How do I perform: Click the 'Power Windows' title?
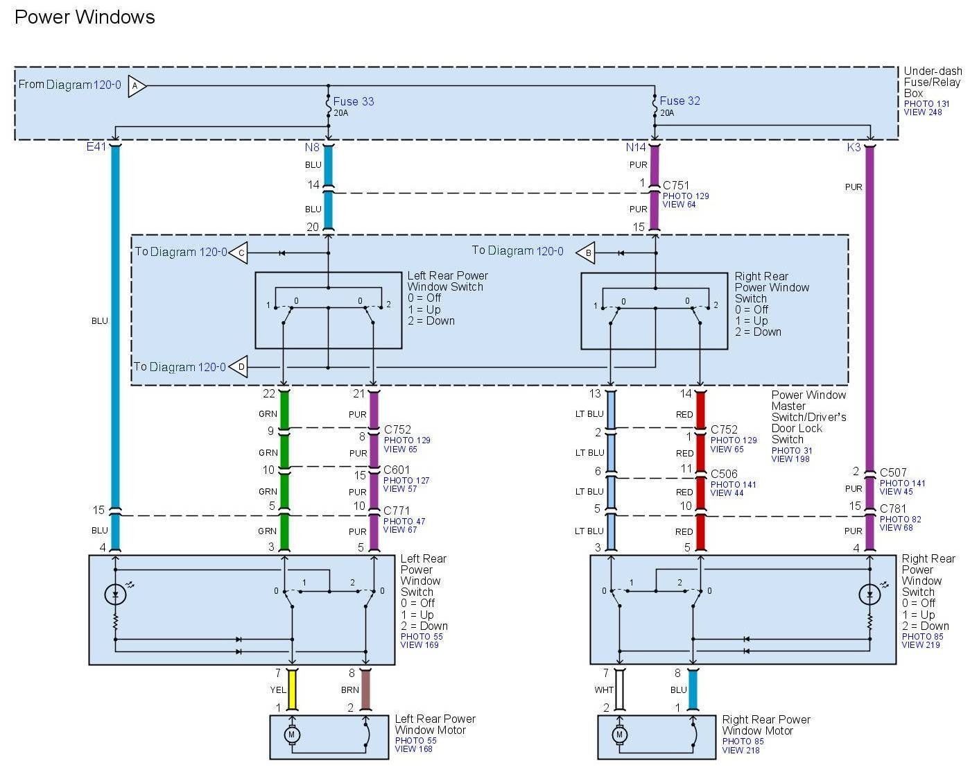(85, 17)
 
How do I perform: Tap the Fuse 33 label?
(354, 101)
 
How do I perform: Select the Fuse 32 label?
(679, 101)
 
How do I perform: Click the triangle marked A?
(137, 86)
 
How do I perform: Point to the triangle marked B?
(587, 253)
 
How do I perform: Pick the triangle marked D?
(239, 367)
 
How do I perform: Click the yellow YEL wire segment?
(292, 690)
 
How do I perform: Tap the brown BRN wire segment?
(365, 690)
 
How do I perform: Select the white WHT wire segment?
(619, 690)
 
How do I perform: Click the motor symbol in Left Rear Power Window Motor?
(291, 735)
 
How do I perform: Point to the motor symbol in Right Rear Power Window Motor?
(619, 735)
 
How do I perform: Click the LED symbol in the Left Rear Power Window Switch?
(115, 594)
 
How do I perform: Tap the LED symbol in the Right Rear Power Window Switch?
(869, 594)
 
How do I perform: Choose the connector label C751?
(676, 185)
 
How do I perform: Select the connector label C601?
(397, 470)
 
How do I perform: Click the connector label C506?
(724, 474)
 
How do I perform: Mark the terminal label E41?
(96, 147)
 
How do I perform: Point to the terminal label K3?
(854, 147)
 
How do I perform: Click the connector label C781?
(893, 508)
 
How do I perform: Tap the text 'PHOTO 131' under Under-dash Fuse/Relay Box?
(926, 103)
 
